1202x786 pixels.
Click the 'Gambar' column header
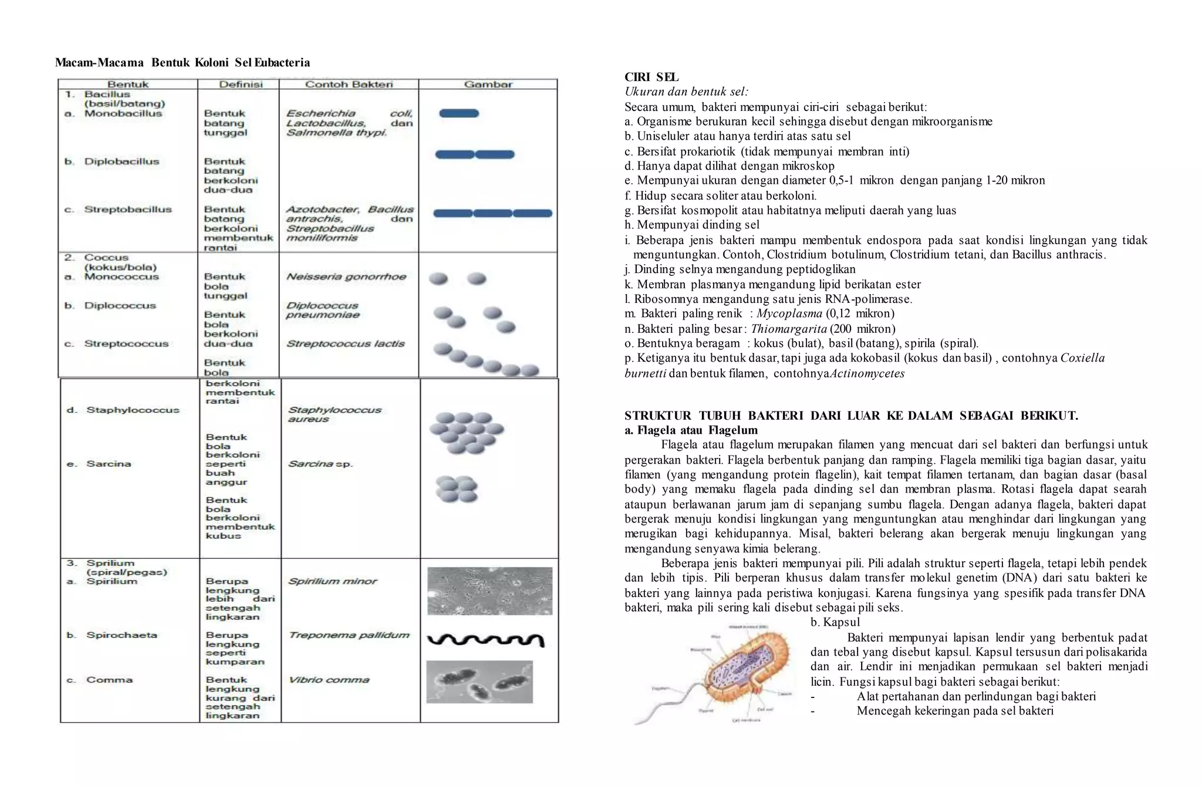coord(488,85)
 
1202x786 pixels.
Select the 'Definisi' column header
coord(241,85)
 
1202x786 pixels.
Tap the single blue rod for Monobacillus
coord(459,113)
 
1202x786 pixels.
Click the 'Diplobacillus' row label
coord(121,161)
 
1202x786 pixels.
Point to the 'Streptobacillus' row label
coord(127,210)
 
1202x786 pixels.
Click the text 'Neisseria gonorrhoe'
coord(346,276)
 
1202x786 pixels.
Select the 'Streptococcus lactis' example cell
coord(345,343)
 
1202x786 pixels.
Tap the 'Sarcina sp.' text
coord(320,464)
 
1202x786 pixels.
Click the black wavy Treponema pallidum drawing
coord(486,640)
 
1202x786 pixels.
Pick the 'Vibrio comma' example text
coord(329,680)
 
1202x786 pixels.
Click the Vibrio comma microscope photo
coord(480,682)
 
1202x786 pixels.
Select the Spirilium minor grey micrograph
coord(489,591)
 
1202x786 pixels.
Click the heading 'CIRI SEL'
coord(651,77)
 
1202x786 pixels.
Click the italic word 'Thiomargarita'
coord(788,329)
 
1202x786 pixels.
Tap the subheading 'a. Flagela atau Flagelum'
coord(691,430)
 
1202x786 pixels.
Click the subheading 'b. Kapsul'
coord(835,622)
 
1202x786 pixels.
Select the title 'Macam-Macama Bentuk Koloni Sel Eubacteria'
coord(183,63)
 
